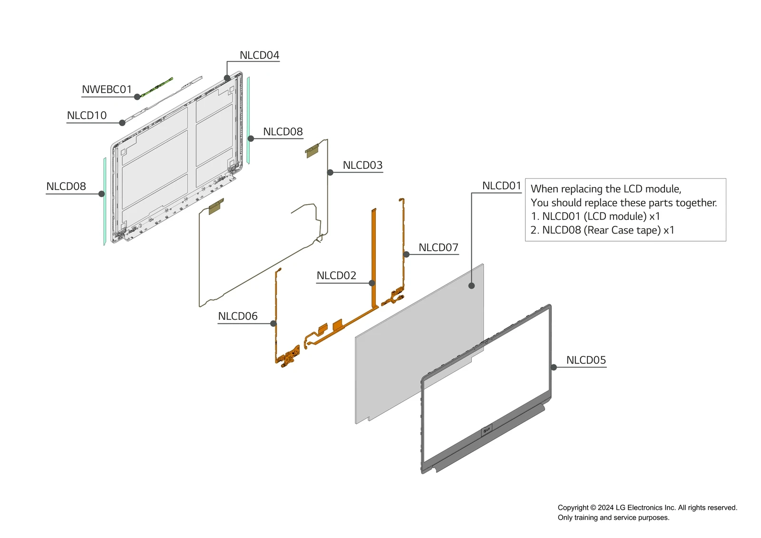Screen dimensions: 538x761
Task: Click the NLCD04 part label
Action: click(259, 55)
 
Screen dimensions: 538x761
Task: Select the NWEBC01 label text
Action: click(107, 89)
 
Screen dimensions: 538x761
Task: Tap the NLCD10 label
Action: click(87, 116)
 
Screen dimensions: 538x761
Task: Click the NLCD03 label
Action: click(362, 165)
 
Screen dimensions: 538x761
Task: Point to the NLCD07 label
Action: click(438, 247)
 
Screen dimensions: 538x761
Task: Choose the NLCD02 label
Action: click(336, 275)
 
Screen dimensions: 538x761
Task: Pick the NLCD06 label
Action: click(237, 316)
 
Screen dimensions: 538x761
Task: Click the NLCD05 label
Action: click(586, 360)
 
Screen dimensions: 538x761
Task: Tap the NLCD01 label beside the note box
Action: click(501, 186)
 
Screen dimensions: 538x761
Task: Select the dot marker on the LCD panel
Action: click(471, 286)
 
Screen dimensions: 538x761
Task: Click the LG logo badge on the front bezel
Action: click(486, 430)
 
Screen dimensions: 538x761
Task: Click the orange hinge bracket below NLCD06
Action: click(289, 357)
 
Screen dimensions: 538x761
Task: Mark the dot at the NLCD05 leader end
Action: click(554, 367)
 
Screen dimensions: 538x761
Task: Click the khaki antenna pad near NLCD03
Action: click(312, 151)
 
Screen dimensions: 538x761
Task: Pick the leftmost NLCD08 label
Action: click(66, 186)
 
